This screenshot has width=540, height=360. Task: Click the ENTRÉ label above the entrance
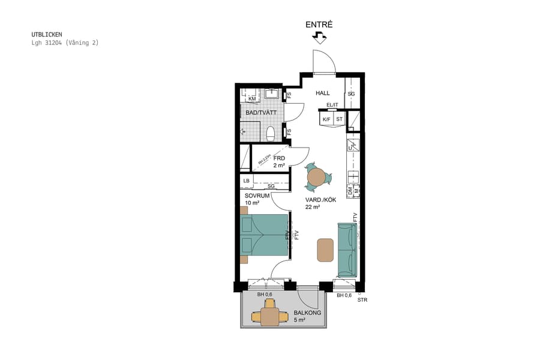pyautogui.click(x=319, y=25)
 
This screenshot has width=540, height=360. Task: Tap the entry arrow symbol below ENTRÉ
pyautogui.click(x=319, y=38)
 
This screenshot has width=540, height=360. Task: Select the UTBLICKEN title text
pyautogui.click(x=47, y=35)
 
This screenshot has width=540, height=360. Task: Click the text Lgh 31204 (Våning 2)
pyautogui.click(x=65, y=43)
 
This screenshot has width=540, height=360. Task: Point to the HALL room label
pyautogui.click(x=323, y=93)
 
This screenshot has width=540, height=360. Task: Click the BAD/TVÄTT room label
pyautogui.click(x=260, y=113)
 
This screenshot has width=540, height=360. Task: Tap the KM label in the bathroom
pyautogui.click(x=252, y=99)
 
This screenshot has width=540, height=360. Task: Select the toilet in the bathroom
pyautogui.click(x=270, y=133)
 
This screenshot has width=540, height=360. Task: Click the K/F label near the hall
pyautogui.click(x=326, y=119)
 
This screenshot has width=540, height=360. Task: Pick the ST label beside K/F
pyautogui.click(x=339, y=119)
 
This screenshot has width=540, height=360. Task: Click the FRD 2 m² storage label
pyautogui.click(x=279, y=161)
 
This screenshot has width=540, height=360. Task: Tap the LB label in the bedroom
pyautogui.click(x=247, y=181)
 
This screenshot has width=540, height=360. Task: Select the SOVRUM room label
pyautogui.click(x=257, y=196)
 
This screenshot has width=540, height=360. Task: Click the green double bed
pyautogui.click(x=264, y=235)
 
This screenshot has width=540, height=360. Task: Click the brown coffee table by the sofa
pyautogui.click(x=325, y=250)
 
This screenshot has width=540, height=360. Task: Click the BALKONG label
pyautogui.click(x=307, y=313)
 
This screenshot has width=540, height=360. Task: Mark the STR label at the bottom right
pyautogui.click(x=362, y=300)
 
